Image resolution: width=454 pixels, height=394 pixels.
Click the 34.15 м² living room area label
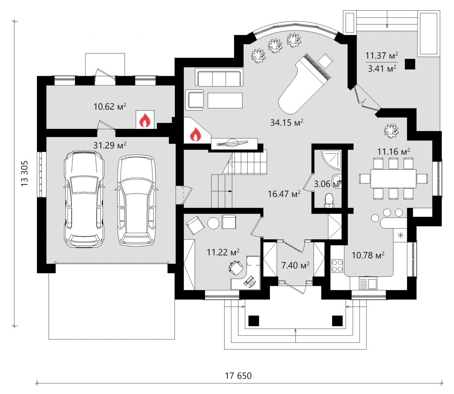tap(287, 122)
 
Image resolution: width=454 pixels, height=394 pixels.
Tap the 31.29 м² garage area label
tap(110, 145)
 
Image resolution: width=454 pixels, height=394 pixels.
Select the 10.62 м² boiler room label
tap(110, 107)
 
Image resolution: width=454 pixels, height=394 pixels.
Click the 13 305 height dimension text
tap(24, 173)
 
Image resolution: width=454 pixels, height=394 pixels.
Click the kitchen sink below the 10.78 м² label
tap(368, 284)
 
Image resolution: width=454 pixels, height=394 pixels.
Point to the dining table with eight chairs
tap(393, 178)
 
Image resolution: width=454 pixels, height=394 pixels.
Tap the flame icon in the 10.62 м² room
tap(145, 120)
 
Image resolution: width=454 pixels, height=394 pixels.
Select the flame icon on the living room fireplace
tap(195, 134)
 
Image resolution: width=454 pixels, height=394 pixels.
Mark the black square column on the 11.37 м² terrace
tap(410, 64)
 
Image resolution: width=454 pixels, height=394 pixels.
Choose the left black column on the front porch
tap(253, 320)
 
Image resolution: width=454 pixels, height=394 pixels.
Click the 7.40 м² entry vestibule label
tap(295, 265)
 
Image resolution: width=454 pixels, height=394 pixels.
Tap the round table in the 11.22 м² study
tap(213, 223)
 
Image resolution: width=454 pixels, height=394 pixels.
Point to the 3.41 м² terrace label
tap(382, 68)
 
